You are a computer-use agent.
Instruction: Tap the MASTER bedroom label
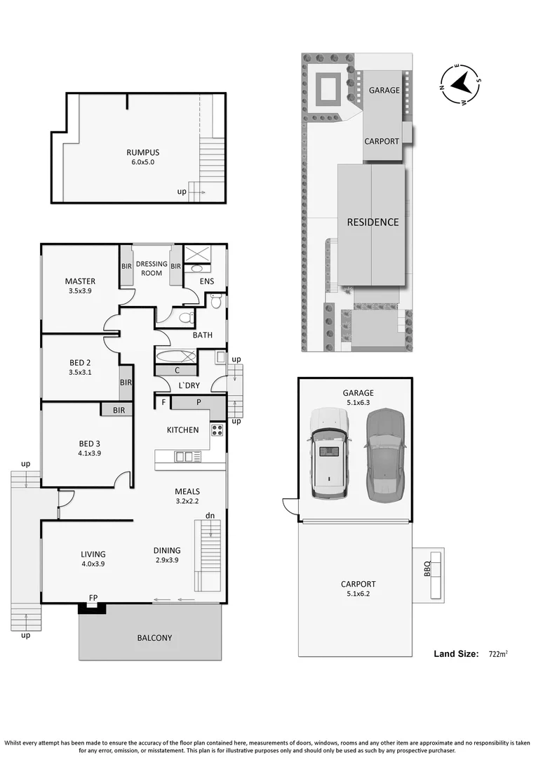(x=80, y=281)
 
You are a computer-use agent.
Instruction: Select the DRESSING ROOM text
(x=152, y=269)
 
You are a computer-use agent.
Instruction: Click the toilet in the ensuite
(x=216, y=302)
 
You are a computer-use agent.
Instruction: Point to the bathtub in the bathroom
(x=176, y=356)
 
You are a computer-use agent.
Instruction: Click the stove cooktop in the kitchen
(x=217, y=430)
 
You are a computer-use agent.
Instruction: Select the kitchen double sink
(x=188, y=457)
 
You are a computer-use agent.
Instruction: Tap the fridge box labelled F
(x=163, y=403)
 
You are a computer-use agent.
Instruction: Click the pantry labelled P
(x=199, y=403)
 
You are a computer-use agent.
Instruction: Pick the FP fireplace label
(x=93, y=599)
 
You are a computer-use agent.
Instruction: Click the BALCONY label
(x=154, y=638)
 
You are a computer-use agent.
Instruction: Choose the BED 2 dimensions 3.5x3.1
(x=80, y=373)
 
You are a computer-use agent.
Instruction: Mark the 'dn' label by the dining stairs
(x=210, y=516)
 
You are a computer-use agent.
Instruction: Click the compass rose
(x=460, y=84)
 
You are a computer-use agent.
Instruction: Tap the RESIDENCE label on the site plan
(x=373, y=222)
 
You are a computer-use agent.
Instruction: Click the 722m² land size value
(x=497, y=654)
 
